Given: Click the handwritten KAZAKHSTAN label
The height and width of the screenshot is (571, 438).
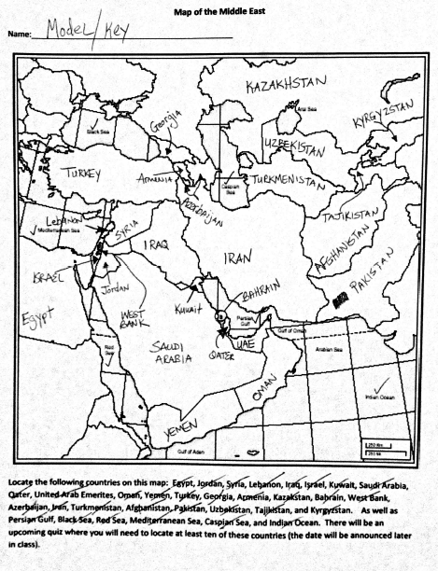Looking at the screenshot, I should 290,87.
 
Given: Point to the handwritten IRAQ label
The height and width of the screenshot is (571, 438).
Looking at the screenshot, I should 154,244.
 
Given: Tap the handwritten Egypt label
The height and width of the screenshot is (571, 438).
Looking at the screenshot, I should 41,314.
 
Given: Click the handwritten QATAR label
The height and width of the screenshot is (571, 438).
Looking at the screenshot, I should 222,355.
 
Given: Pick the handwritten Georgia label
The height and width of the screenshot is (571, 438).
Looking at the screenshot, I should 164,124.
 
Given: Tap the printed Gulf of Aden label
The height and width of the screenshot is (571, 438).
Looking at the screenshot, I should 190,452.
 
